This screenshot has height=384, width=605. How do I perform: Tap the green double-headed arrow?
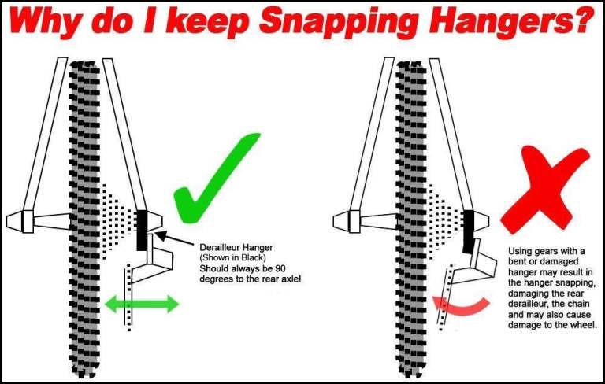click(x=142, y=304)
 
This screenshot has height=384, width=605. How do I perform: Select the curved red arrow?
click(x=461, y=306)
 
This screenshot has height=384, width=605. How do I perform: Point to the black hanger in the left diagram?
click(x=142, y=231)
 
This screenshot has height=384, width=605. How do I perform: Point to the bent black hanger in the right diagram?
click(x=469, y=231)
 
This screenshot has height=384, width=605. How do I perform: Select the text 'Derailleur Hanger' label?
click(x=236, y=248)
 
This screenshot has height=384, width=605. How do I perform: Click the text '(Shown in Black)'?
click(x=232, y=257)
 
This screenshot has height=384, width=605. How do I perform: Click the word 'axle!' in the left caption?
click(x=291, y=279)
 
